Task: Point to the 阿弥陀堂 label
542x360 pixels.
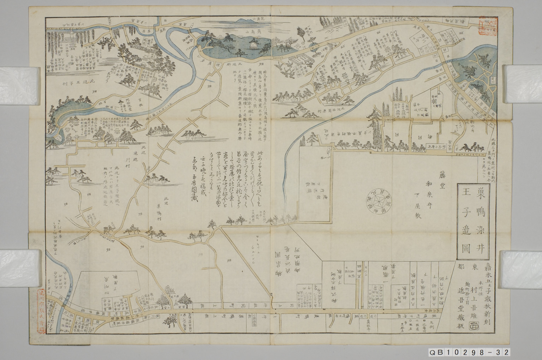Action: click(123, 105)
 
